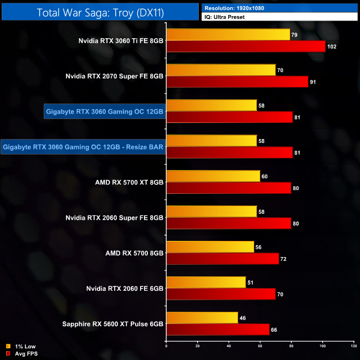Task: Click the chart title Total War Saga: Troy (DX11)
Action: [99, 12]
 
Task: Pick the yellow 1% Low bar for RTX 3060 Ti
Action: [228, 35]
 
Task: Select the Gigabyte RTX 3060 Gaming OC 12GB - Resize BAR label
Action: [83, 147]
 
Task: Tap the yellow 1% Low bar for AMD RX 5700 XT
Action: [213, 176]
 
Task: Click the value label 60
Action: [265, 176]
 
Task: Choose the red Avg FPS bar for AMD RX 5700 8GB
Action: [222, 259]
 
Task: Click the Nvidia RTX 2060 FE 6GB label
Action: [125, 289]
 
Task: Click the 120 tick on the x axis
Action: [353, 346]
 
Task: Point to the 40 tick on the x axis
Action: [229, 346]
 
